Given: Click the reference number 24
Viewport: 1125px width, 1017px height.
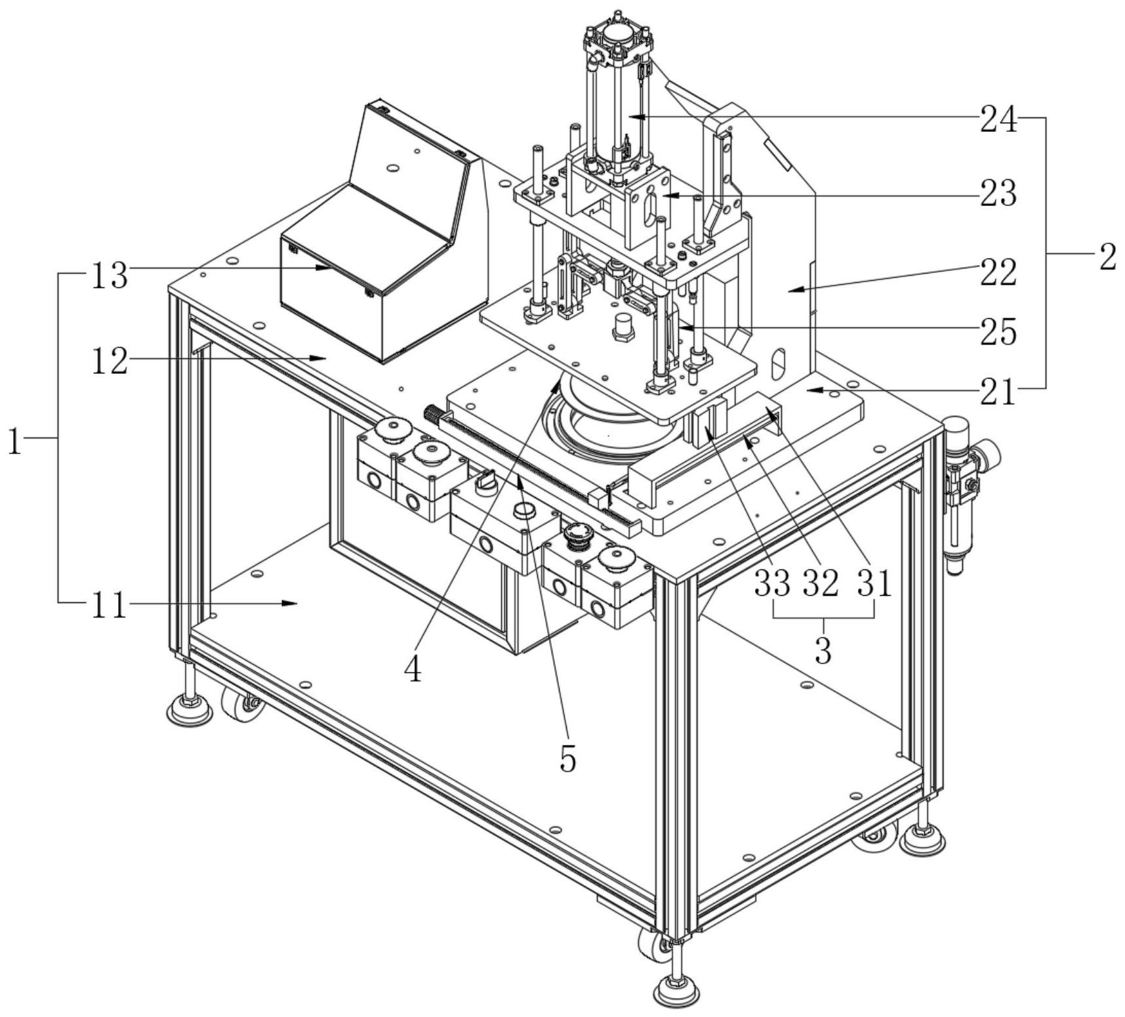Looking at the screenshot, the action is pos(998,120).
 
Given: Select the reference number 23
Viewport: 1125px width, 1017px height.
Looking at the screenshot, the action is pos(998,195).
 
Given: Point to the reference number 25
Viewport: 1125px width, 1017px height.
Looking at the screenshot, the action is pos(998,332).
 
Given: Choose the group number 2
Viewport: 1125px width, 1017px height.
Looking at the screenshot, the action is pos(1107,258).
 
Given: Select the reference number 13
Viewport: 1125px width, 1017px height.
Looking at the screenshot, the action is pos(109,276).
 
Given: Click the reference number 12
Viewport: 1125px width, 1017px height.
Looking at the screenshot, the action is pos(109,362).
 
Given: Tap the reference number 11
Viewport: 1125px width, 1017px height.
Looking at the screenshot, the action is pos(108,606).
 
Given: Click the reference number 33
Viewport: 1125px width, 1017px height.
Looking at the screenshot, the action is pos(772,583).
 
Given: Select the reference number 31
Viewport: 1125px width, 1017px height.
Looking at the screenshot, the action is pos(874,583).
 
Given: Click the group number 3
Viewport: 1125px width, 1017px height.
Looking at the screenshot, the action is pos(823,650).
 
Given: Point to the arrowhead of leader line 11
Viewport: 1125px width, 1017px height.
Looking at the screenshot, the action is pos(295,602).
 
